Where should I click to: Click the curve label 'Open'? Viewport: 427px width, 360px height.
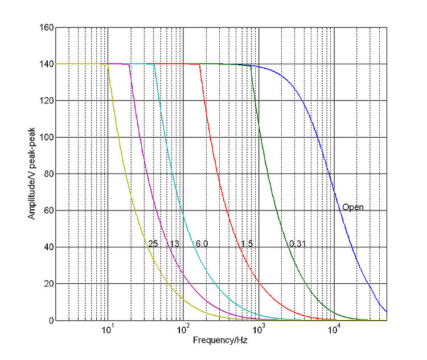(352, 207)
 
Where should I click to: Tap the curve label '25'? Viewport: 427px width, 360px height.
(153, 244)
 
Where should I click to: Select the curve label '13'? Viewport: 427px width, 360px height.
(174, 244)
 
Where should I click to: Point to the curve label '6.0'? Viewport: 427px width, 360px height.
(202, 244)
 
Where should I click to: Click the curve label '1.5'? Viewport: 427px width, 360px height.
(247, 244)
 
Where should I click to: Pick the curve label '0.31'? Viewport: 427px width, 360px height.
(298, 244)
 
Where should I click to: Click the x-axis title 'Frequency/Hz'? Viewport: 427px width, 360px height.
(219, 341)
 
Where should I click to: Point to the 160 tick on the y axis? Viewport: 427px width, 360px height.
(47, 27)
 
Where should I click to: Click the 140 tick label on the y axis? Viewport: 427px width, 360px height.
(47, 64)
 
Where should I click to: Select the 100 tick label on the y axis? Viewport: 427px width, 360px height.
(47, 138)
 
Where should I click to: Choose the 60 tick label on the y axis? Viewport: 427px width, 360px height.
(49, 211)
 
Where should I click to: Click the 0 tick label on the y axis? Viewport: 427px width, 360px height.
(51, 321)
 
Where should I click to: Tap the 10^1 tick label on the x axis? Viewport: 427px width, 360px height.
(108, 330)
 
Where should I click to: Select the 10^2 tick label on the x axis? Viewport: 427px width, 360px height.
(183, 330)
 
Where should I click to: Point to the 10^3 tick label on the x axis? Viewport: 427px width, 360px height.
(259, 330)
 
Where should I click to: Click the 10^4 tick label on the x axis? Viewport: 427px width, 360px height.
(335, 330)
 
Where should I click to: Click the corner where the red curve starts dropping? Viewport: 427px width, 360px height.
(200, 64)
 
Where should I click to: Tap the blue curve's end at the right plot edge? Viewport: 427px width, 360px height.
(387, 312)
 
